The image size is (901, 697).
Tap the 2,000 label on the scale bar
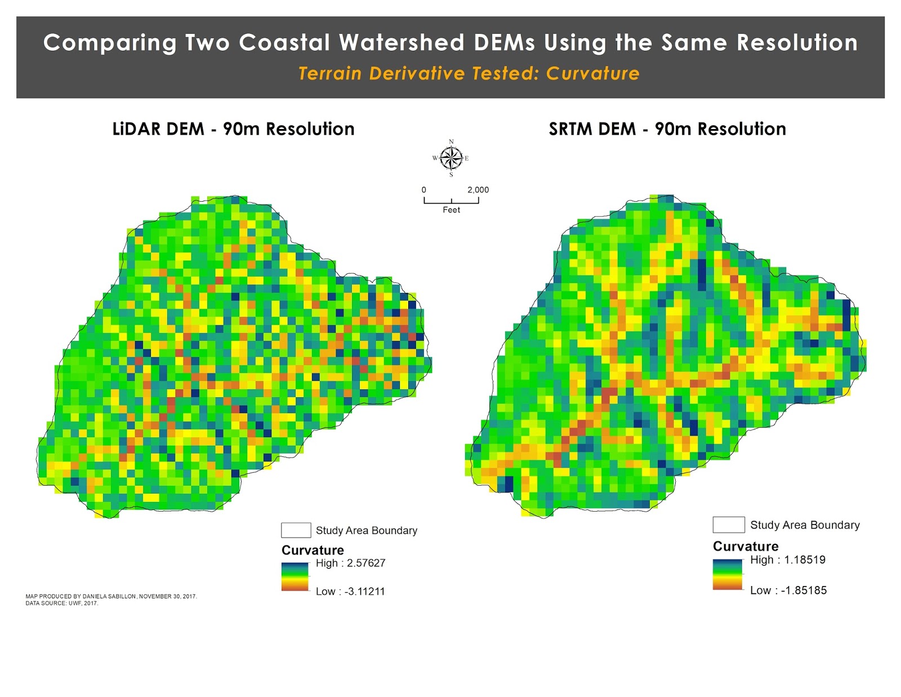pyautogui.click(x=478, y=190)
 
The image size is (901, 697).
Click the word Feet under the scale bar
pyautogui.click(x=451, y=210)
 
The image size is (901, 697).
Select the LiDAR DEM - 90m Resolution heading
pyautogui.click(x=233, y=129)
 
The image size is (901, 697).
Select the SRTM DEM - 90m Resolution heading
pyautogui.click(x=667, y=129)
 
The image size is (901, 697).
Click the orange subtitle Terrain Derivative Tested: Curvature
pyautogui.click(x=469, y=74)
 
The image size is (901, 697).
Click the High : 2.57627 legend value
pyautogui.click(x=350, y=563)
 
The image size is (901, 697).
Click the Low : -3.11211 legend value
pyautogui.click(x=350, y=591)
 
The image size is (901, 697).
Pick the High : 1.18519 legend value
pyautogui.click(x=787, y=560)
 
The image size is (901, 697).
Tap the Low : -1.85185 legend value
pyautogui.click(x=788, y=590)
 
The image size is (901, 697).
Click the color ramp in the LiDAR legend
pyautogui.click(x=295, y=576)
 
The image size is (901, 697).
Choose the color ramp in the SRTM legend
pyautogui.click(x=728, y=574)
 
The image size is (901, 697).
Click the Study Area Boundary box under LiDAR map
pyautogui.click(x=296, y=530)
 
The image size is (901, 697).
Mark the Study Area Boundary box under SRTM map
pyautogui.click(x=728, y=525)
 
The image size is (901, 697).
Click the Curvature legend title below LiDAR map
pyautogui.click(x=313, y=550)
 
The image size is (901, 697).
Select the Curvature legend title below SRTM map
pyautogui.click(x=745, y=546)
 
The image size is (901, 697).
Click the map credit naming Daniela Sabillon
pyautogui.click(x=111, y=596)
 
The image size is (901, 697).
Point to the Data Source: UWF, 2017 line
pyautogui.click(x=61, y=603)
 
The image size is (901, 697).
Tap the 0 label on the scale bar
pyautogui.click(x=424, y=190)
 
